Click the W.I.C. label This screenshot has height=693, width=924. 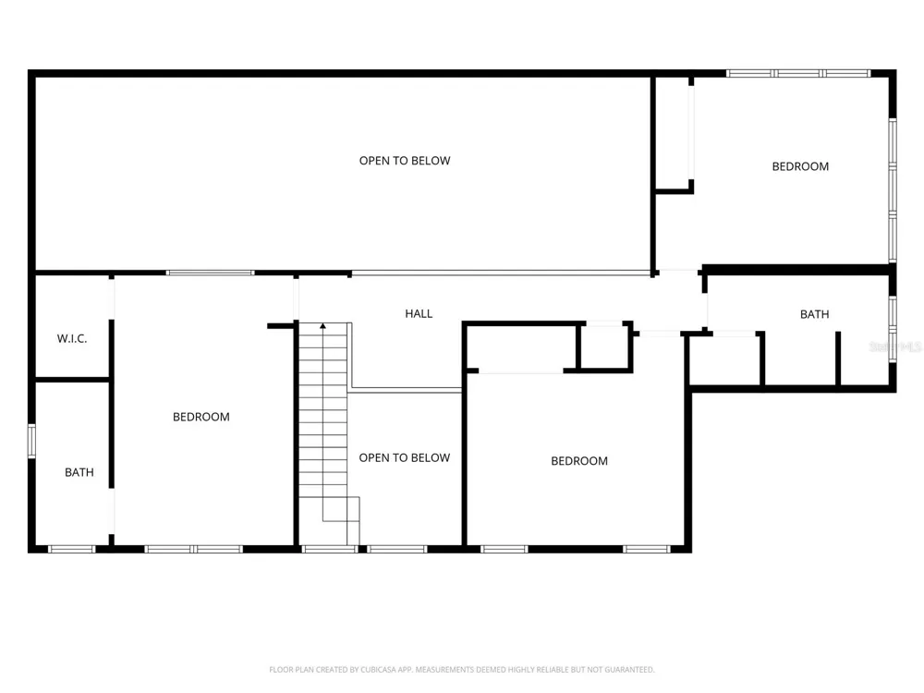click(72, 338)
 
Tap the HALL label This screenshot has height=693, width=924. click(419, 313)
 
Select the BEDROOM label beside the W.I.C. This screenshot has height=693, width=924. click(201, 417)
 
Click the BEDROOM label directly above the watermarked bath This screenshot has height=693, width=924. click(800, 166)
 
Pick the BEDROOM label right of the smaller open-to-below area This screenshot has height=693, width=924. click(579, 461)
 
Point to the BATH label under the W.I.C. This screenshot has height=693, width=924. click(79, 472)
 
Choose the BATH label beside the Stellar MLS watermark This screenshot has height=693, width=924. click(814, 314)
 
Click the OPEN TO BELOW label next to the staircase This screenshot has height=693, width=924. click(405, 457)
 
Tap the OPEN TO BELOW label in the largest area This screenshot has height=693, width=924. click(405, 160)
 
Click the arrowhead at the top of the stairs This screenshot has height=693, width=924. click(322, 325)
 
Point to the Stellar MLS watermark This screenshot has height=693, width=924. click(895, 346)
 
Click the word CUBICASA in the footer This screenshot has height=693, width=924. click(378, 669)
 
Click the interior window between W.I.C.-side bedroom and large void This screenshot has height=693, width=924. click(210, 273)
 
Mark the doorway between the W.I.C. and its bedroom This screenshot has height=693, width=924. click(112, 298)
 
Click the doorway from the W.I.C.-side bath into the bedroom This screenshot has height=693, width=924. click(112, 511)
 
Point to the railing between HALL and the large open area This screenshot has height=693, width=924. click(501, 273)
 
